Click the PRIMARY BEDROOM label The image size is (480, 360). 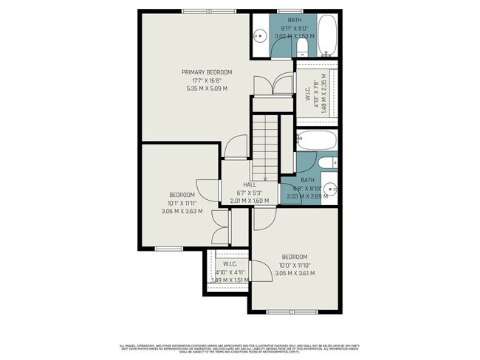point(207,72)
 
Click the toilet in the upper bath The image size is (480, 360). point(301,48)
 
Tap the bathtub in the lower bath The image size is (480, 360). point(317,140)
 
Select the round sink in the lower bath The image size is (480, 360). point(330,188)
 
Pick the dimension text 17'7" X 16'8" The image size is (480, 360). point(207,80)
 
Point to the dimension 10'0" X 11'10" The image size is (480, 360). point(294,266)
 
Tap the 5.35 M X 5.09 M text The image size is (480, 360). point(207,89)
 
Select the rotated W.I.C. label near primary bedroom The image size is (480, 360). point(306,94)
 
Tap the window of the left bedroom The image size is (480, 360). point(168,248)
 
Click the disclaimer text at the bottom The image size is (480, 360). point(240,347)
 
